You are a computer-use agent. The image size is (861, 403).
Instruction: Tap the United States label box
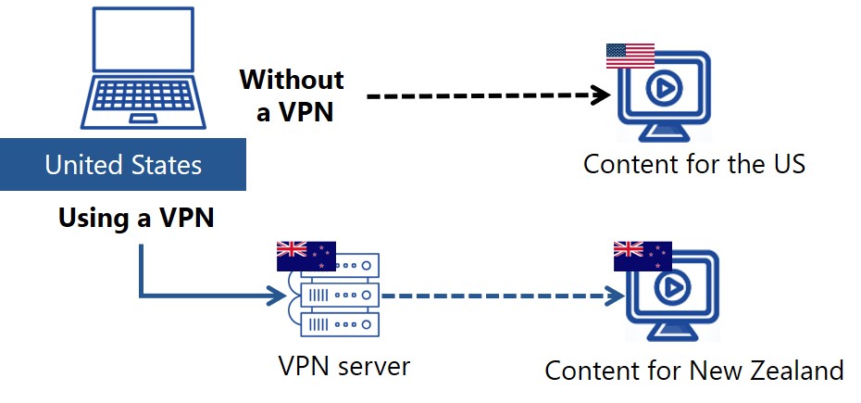(x=123, y=166)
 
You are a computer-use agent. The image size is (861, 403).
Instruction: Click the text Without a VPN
(x=292, y=95)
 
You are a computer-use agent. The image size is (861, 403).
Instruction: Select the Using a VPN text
(x=136, y=219)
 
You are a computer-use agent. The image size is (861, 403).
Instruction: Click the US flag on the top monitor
(x=630, y=57)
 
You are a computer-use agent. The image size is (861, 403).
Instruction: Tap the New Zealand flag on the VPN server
(x=306, y=255)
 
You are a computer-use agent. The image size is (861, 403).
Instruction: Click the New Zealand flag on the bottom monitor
(x=643, y=255)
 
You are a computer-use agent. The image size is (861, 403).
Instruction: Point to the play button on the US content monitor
(x=666, y=89)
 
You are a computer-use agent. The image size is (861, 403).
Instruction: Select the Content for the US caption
(x=694, y=165)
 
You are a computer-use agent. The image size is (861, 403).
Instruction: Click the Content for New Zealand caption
(x=693, y=371)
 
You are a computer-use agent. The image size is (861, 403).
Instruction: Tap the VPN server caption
(x=343, y=366)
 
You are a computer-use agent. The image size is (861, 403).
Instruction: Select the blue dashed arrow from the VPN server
(x=500, y=296)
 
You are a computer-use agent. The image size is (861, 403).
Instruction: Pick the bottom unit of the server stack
(x=340, y=325)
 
